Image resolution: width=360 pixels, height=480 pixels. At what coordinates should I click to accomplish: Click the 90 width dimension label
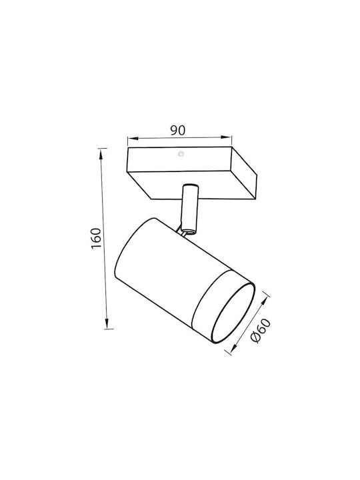178,131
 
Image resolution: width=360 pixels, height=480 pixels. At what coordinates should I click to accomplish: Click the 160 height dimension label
96,238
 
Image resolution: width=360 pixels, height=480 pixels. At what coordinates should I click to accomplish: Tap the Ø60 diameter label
260,331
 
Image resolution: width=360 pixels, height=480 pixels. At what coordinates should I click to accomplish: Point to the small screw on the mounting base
181,154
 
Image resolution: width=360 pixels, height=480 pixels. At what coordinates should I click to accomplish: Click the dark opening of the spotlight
233,313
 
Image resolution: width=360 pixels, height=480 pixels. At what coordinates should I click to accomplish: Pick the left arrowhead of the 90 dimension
133,139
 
